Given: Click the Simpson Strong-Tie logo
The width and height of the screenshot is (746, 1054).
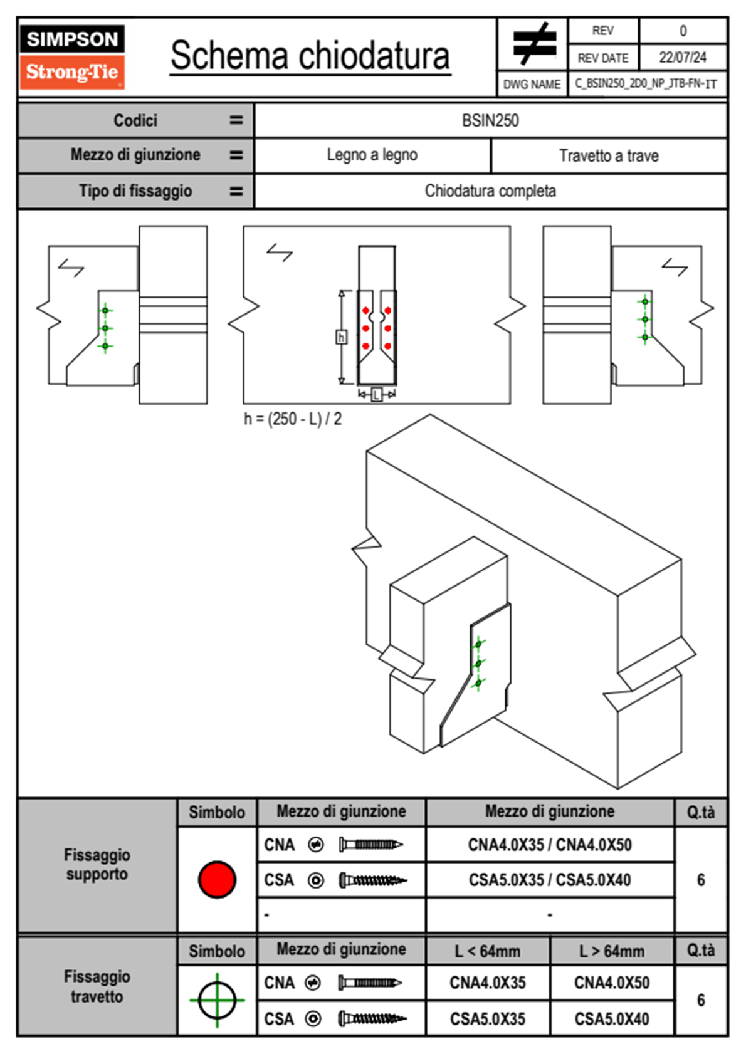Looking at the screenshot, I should pyautogui.click(x=72, y=56).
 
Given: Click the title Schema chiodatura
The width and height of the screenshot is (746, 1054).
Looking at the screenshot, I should pyautogui.click(x=310, y=56).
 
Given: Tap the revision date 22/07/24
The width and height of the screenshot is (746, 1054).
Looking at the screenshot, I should pyautogui.click(x=682, y=58).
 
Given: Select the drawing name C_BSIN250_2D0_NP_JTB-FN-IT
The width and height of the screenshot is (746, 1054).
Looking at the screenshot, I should pyautogui.click(x=646, y=84).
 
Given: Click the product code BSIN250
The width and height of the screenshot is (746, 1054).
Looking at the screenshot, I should pyautogui.click(x=490, y=121).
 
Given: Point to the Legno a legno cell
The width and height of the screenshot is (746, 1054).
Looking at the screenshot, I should pyautogui.click(x=372, y=155).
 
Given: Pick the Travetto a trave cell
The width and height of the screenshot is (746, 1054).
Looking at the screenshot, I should pyautogui.click(x=608, y=155).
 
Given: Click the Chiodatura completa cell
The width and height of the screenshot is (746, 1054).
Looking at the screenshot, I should pyautogui.click(x=490, y=190).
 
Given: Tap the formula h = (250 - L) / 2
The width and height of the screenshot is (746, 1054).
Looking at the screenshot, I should pyautogui.click(x=293, y=419).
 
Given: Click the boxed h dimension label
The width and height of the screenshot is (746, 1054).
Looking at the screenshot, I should pyautogui.click(x=341, y=338).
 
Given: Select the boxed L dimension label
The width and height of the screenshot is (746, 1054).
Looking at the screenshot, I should pyautogui.click(x=376, y=394).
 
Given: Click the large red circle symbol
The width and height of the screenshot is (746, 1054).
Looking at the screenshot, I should pyautogui.click(x=217, y=879).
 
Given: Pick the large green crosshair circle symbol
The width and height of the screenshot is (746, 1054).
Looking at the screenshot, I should pyautogui.click(x=217, y=1000).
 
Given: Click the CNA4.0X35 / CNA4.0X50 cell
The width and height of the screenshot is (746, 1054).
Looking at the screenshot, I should pyautogui.click(x=550, y=845).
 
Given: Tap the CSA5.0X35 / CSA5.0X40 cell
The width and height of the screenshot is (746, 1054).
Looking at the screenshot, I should pyautogui.click(x=550, y=880).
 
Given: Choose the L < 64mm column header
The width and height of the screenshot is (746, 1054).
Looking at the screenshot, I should pyautogui.click(x=488, y=951).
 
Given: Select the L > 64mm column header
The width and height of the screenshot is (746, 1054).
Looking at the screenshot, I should pyautogui.click(x=611, y=951).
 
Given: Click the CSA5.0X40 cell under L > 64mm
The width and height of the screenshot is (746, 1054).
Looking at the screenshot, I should pyautogui.click(x=611, y=1019).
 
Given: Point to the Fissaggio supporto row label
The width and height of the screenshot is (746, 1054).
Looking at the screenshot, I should pyautogui.click(x=97, y=865).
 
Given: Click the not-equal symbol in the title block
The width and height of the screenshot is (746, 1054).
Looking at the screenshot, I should pyautogui.click(x=533, y=44).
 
